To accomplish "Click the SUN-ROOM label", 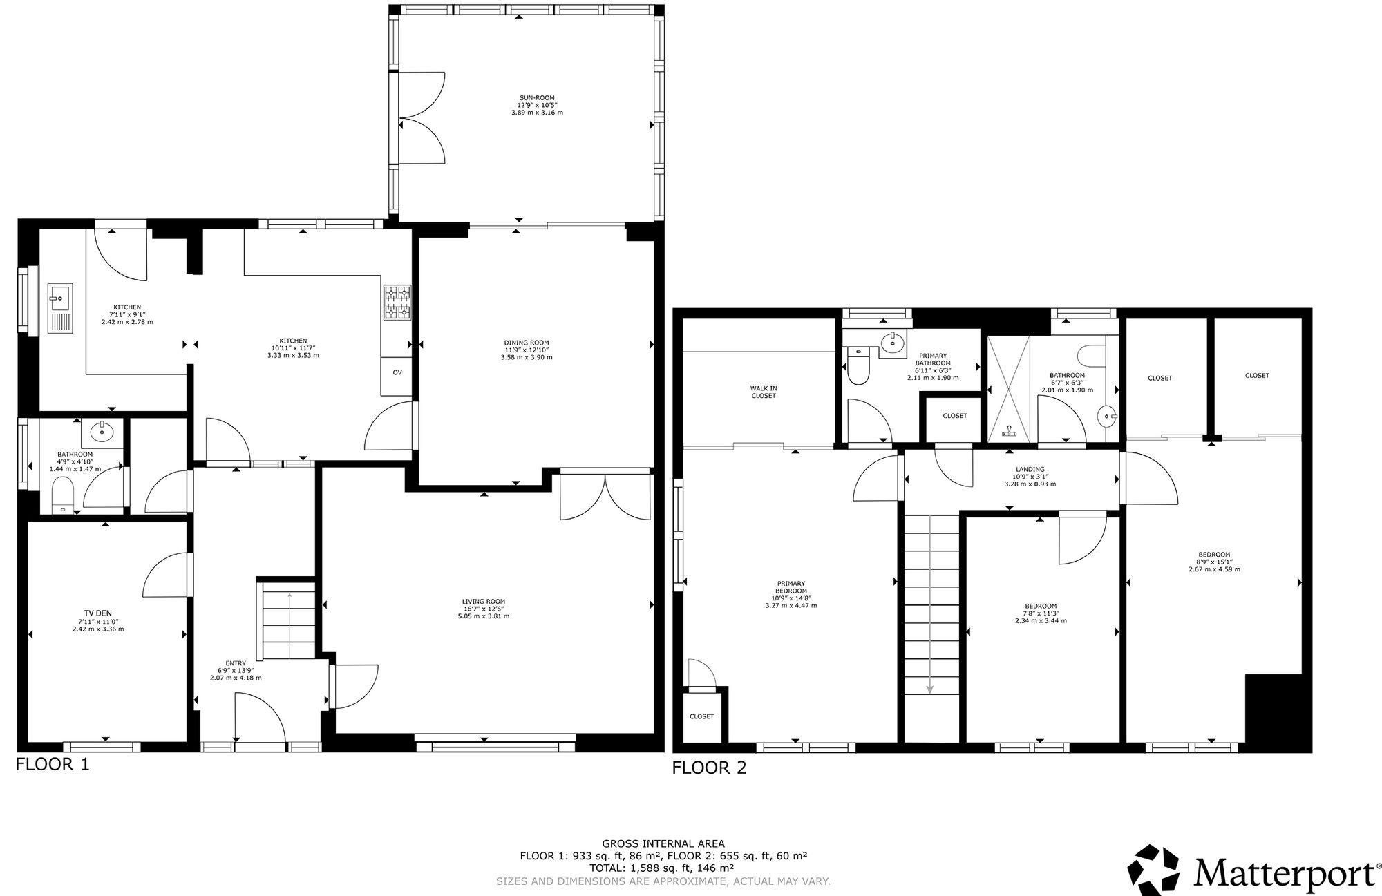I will pyautogui.click(x=537, y=98).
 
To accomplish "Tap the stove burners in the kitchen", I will pyautogui.click(x=397, y=303).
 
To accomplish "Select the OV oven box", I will pyautogui.click(x=397, y=372).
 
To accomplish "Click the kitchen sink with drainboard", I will pyautogui.click(x=59, y=308).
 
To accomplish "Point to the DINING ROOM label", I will pyautogui.click(x=527, y=343).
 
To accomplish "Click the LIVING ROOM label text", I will pyautogui.click(x=484, y=601).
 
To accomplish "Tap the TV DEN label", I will pyautogui.click(x=97, y=613).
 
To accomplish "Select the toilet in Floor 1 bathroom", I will pyautogui.click(x=63, y=496).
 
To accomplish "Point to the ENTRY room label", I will pyautogui.click(x=236, y=663).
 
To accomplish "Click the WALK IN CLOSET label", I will pyautogui.click(x=764, y=392).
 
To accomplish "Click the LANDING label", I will pyautogui.click(x=1030, y=469).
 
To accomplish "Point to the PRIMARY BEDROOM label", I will pyautogui.click(x=791, y=587).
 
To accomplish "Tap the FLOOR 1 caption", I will pyautogui.click(x=53, y=765).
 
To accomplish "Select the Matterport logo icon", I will pyautogui.click(x=1154, y=869).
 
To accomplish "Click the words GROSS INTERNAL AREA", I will pyautogui.click(x=663, y=843).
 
